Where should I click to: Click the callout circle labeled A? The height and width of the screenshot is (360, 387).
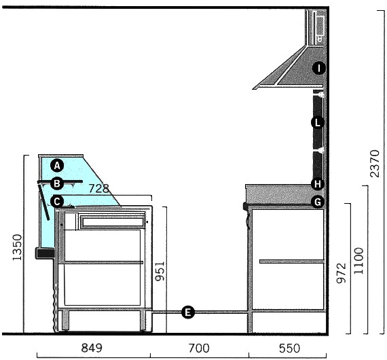tap(57, 166)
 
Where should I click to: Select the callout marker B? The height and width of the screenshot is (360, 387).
tap(57, 183)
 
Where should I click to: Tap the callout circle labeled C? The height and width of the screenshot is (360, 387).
tap(57, 202)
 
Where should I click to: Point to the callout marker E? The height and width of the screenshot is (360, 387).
tap(188, 312)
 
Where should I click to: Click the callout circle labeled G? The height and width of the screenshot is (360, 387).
tap(318, 202)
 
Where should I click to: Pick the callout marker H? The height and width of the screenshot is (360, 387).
tap(318, 184)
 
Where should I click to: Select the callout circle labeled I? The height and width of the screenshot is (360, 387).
tap(319, 68)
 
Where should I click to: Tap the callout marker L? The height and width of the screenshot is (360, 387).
tap(318, 122)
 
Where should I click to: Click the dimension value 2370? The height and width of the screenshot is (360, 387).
tap(375, 163)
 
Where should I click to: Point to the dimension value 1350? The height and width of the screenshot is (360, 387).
tap(17, 247)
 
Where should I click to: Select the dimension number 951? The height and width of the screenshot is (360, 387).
tap(160, 271)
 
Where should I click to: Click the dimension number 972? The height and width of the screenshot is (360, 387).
tap(342, 273)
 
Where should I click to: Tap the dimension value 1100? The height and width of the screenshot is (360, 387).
tap(359, 261)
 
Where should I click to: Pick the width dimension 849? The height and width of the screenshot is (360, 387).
tap(92, 348)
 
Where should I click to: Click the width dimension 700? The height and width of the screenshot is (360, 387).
tap(199, 348)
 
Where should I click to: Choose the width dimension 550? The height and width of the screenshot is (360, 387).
tap(289, 348)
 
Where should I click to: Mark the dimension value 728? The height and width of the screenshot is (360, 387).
tap(98, 189)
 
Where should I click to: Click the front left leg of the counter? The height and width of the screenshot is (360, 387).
tap(65, 320)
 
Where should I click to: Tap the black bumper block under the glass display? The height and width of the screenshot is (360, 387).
tap(45, 253)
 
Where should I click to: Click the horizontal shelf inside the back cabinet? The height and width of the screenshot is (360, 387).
tap(291, 262)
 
